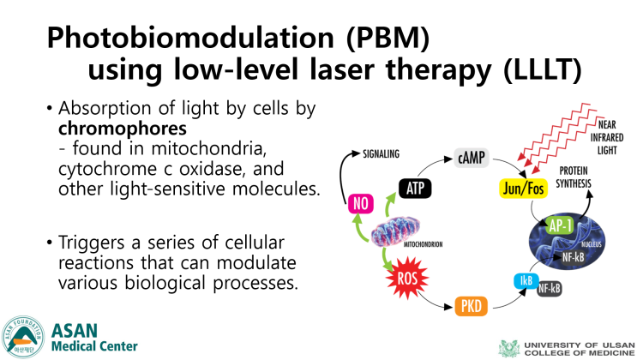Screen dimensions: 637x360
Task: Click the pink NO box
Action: (361, 203)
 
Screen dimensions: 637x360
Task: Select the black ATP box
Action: (415, 188)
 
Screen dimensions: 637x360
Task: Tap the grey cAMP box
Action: (472, 158)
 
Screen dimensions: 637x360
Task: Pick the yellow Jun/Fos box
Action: (523, 189)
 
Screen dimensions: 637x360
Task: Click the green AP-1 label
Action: (561, 225)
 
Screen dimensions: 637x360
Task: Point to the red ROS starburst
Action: (407, 279)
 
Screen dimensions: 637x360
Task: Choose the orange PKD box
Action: (472, 305)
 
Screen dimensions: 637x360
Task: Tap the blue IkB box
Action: (526, 281)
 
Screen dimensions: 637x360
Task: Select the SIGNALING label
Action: (381, 154)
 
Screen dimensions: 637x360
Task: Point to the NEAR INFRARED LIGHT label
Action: (606, 137)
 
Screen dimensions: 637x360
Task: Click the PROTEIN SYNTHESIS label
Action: (574, 177)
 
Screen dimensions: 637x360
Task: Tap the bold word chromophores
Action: (123, 129)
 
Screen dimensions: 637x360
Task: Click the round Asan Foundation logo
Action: (23, 337)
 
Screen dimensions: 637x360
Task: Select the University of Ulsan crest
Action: (509, 348)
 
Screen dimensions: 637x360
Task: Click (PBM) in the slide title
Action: (388, 39)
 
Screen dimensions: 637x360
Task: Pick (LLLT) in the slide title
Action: (543, 70)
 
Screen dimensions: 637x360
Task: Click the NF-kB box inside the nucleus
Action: (574, 257)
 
